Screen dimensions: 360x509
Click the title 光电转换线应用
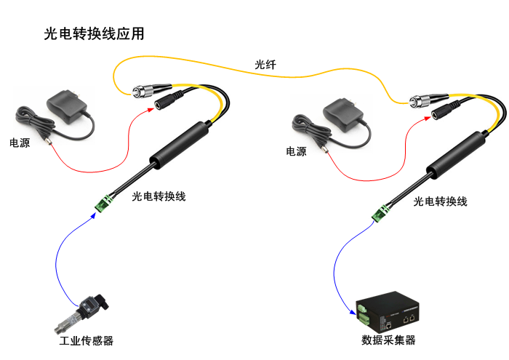click(94, 34)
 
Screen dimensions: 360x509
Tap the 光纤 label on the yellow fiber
click(265, 65)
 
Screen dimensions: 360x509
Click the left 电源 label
click(20, 143)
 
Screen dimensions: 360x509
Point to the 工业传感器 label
click(86, 340)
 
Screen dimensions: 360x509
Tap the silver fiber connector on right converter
click(422, 99)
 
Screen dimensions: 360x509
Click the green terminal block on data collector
click(361, 313)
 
